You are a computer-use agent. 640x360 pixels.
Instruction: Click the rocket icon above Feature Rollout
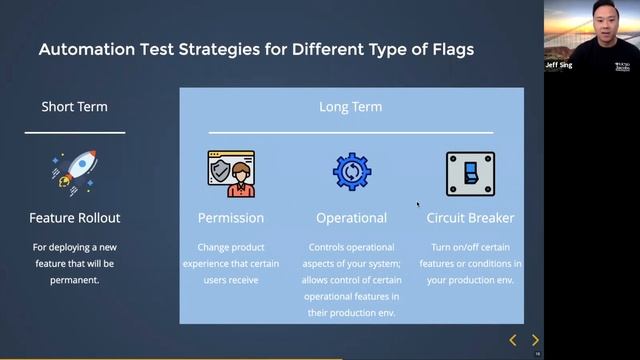point(74,173)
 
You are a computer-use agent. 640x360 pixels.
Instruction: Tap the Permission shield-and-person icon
point(231,174)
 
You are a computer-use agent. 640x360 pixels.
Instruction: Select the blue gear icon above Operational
point(351,172)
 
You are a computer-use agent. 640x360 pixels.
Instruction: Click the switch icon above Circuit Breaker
point(470,174)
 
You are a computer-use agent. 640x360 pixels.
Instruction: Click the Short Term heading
point(74,107)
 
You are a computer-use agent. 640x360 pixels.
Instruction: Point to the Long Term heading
point(350,107)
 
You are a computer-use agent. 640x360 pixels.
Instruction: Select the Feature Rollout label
point(74,217)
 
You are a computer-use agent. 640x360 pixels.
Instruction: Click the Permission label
point(231,217)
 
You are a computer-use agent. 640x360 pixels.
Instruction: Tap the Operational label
point(351,217)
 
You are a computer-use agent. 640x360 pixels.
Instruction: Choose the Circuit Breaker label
point(470,217)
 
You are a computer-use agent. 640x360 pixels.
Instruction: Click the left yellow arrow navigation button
point(513,340)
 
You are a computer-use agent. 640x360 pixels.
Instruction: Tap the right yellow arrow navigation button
point(535,340)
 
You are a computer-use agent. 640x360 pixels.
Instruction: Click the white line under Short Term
point(74,132)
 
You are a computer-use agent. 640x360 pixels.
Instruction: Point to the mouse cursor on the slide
point(418,204)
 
